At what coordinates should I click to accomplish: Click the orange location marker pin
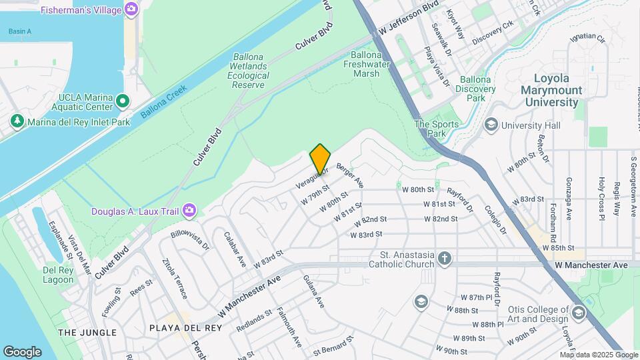point(320,159)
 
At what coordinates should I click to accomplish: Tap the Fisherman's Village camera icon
point(132,9)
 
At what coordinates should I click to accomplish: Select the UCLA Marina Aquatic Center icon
point(122,101)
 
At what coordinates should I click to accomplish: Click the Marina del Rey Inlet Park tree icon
point(17,121)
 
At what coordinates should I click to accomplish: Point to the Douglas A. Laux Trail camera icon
point(190,211)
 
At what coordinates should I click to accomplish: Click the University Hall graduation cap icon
point(491,125)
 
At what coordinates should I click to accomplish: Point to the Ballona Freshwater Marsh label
point(366,64)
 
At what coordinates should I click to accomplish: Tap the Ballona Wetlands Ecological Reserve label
point(249,67)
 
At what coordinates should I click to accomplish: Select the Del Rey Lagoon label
point(58,275)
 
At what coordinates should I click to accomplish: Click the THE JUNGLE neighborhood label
point(87,332)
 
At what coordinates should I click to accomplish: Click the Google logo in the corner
point(22,351)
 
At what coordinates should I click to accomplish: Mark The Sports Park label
point(437,128)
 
